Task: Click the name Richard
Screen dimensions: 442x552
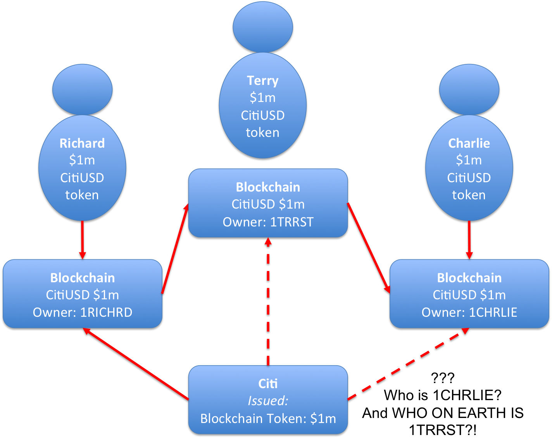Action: click(82, 143)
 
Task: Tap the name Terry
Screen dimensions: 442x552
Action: click(263, 81)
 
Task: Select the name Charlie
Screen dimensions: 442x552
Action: click(469, 143)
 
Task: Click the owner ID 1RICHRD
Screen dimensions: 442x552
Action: click(106, 313)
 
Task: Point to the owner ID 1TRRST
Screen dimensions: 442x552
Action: click(292, 222)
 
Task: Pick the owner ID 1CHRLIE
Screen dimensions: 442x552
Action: click(493, 313)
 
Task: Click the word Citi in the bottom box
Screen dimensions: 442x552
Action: click(268, 384)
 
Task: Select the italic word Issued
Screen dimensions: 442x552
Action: click(268, 401)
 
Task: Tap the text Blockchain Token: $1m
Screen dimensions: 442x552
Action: click(268, 419)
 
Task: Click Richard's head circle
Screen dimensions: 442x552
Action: click(82, 90)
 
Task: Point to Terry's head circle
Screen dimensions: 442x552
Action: click(263, 27)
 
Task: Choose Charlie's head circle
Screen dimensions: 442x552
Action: click(469, 90)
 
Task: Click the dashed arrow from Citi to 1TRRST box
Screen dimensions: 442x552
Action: click(268, 302)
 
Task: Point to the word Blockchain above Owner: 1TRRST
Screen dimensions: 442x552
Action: click(268, 187)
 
